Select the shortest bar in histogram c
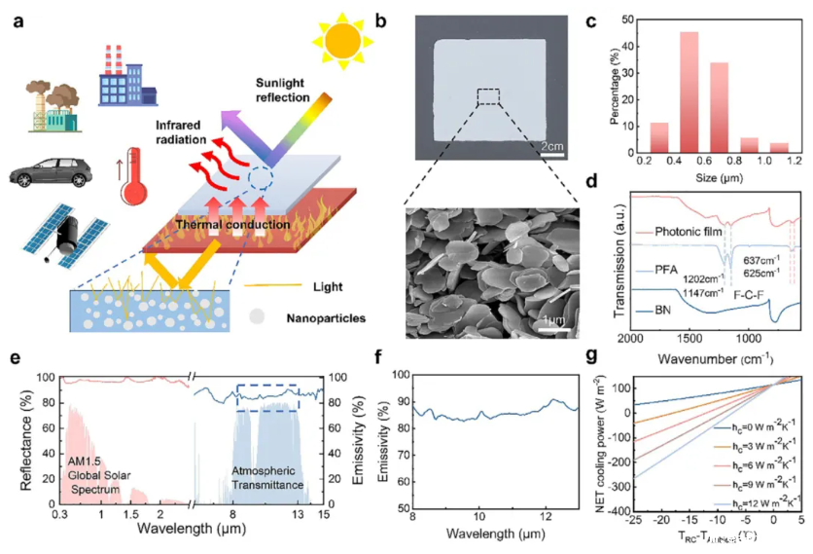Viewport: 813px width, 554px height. pos(779,147)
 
